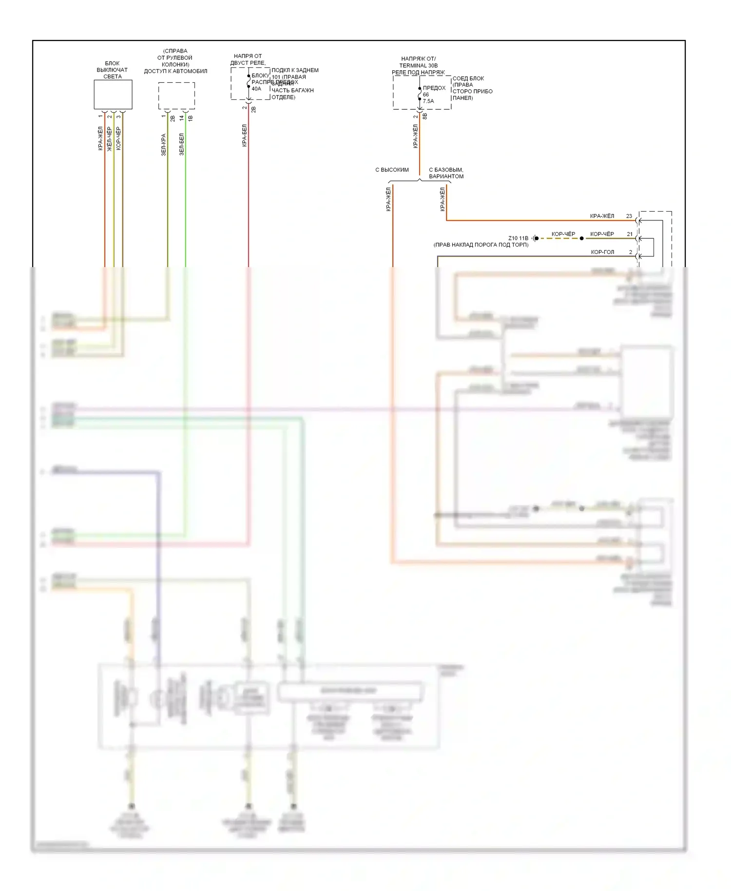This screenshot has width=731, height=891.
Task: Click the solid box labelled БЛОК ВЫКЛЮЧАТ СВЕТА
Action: (113, 95)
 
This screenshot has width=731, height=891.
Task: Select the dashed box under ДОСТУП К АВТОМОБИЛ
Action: (176, 96)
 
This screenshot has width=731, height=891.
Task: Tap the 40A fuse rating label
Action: (256, 89)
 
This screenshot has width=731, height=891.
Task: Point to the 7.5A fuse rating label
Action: (428, 101)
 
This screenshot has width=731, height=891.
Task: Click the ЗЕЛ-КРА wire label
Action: (164, 144)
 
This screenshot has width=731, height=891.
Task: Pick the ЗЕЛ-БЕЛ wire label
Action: (182, 144)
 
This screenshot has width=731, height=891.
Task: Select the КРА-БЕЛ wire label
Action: (245, 136)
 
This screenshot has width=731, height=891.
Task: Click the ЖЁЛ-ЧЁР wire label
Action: (110, 139)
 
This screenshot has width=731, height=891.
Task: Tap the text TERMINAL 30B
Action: (418, 65)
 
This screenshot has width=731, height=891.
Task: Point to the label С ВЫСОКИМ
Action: (392, 170)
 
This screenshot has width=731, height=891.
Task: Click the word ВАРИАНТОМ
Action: (446, 176)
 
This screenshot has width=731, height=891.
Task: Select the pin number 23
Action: (629, 216)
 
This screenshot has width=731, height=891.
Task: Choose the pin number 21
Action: (630, 234)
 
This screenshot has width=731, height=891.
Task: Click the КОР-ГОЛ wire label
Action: (602, 252)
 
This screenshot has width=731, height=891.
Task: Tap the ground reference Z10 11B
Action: (518, 238)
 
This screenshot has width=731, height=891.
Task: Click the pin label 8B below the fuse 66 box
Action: (425, 116)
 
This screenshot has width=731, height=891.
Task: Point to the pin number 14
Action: (182, 117)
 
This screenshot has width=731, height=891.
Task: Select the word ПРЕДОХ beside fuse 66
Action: (434, 88)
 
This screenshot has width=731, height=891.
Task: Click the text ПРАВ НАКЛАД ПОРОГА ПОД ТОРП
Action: (481, 245)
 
